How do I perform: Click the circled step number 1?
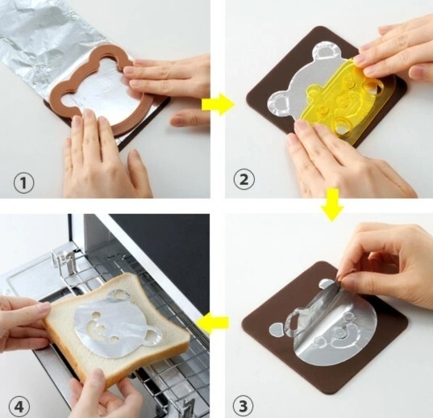coord(23,183)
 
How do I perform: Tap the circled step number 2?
coord(244,180)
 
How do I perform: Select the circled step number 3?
coord(244,407)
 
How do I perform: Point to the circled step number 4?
coord(19,408)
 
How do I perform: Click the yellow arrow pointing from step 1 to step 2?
coord(218,104)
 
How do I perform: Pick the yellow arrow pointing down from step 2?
coord(332,205)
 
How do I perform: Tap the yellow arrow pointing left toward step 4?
coord(212,322)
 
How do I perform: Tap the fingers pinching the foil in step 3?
coord(348,279)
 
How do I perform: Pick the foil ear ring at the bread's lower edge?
coord(152,336)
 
